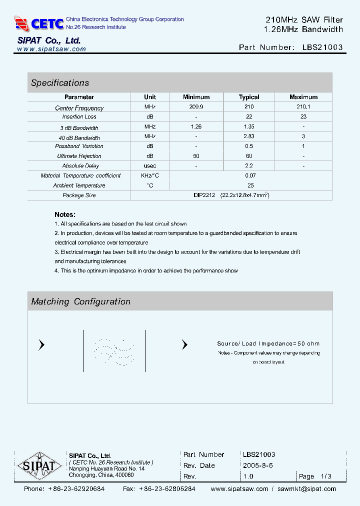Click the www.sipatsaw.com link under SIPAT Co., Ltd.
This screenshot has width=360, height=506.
51,49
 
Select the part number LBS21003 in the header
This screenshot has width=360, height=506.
322,47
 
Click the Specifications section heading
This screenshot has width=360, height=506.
60,83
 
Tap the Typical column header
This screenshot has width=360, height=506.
249,97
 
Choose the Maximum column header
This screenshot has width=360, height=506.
303,97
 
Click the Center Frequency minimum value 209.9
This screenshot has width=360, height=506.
196,107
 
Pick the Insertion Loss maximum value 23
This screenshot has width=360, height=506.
303,116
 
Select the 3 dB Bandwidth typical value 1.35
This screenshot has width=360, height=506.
249,127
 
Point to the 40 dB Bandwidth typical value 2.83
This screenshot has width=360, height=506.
249,136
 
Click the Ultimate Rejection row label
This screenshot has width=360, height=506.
79,156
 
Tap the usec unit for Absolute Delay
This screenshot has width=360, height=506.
150,165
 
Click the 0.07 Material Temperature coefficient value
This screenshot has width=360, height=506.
250,175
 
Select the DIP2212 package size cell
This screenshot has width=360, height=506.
231,195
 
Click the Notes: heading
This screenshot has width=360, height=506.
65,214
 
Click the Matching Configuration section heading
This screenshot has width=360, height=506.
80,301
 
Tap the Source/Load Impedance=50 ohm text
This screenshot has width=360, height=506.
268,343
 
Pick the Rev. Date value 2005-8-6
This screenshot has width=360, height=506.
258,465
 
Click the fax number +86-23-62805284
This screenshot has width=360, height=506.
167,489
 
